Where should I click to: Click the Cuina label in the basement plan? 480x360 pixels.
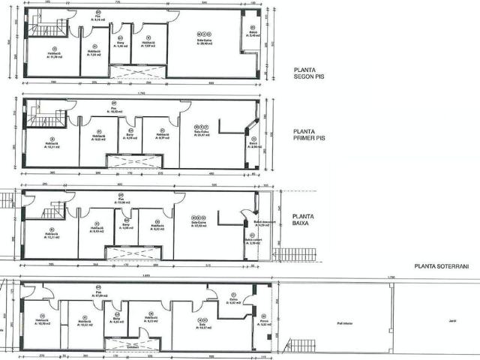233,302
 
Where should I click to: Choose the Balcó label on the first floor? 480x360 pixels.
255,145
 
